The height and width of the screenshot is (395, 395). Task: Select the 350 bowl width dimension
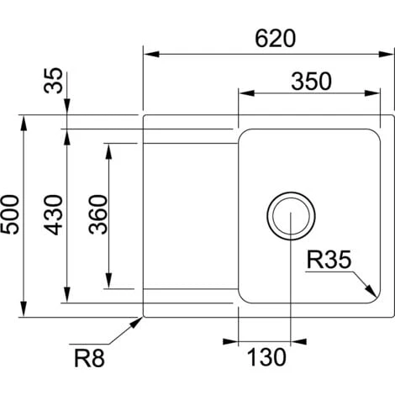(312, 81)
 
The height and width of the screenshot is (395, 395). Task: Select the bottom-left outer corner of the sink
(145, 316)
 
